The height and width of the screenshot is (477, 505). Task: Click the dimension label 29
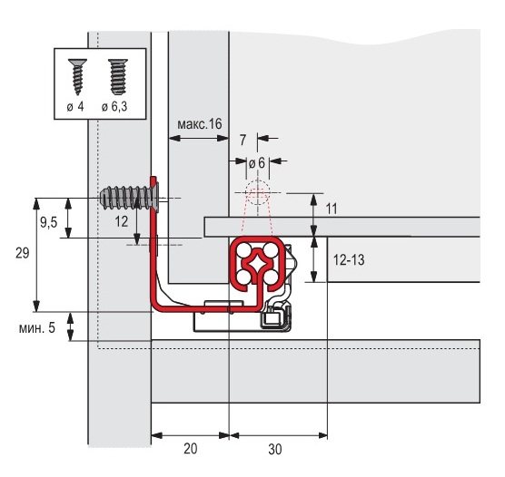coord(22,253)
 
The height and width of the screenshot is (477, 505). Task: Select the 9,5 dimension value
coord(49,222)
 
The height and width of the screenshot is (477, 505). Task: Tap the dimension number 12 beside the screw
coord(121,221)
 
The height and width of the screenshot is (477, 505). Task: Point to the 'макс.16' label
coord(200,124)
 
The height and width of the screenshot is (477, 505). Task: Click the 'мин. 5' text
coord(37,327)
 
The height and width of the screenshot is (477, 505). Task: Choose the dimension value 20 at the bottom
coord(191,449)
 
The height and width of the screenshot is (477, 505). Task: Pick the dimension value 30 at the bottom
coord(274,449)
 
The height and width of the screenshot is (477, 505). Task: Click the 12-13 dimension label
coord(349,259)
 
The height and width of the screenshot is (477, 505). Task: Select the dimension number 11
coord(332,209)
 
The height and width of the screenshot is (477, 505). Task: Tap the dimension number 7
coord(243,140)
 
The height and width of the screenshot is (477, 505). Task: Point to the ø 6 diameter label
coord(257,163)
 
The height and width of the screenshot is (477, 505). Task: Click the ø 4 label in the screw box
coord(75,106)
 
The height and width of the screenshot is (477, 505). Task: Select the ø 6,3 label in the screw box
coord(114,106)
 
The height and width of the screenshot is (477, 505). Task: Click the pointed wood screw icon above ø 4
coord(77,77)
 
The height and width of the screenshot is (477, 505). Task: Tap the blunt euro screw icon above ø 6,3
coord(118,77)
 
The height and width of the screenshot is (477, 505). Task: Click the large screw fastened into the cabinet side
coord(130,198)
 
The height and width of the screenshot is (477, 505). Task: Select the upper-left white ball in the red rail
coord(244,250)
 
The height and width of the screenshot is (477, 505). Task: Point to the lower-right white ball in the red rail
coord(271,276)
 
